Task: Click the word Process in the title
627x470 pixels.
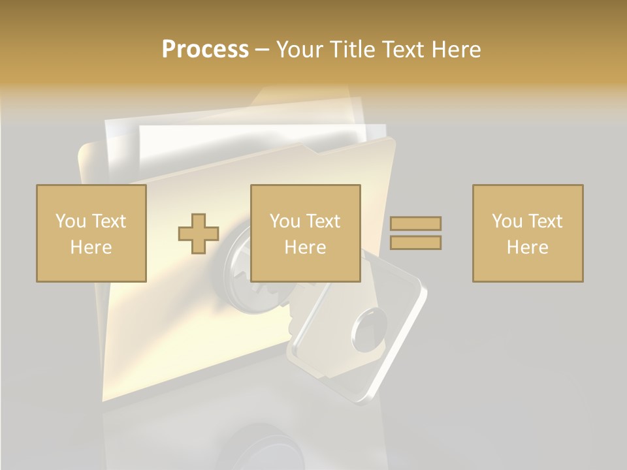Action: [205, 50]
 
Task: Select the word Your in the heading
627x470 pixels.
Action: [300, 50]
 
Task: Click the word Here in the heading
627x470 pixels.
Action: [457, 50]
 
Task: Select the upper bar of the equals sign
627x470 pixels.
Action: [415, 224]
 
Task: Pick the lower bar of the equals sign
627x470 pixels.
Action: [415, 243]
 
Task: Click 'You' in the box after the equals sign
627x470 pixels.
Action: [507, 221]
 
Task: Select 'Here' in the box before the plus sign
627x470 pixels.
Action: [91, 247]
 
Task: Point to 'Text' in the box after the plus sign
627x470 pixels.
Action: [324, 221]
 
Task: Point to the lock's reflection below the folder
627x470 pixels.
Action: [261, 444]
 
